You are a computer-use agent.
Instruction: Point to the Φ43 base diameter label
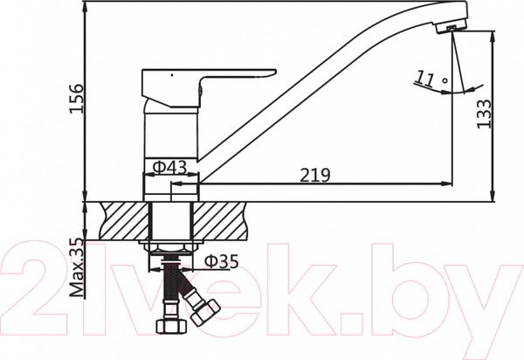[169, 167]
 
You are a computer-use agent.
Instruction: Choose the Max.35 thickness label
[77, 268]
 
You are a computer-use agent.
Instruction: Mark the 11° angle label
[428, 79]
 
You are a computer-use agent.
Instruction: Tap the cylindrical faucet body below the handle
[170, 131]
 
